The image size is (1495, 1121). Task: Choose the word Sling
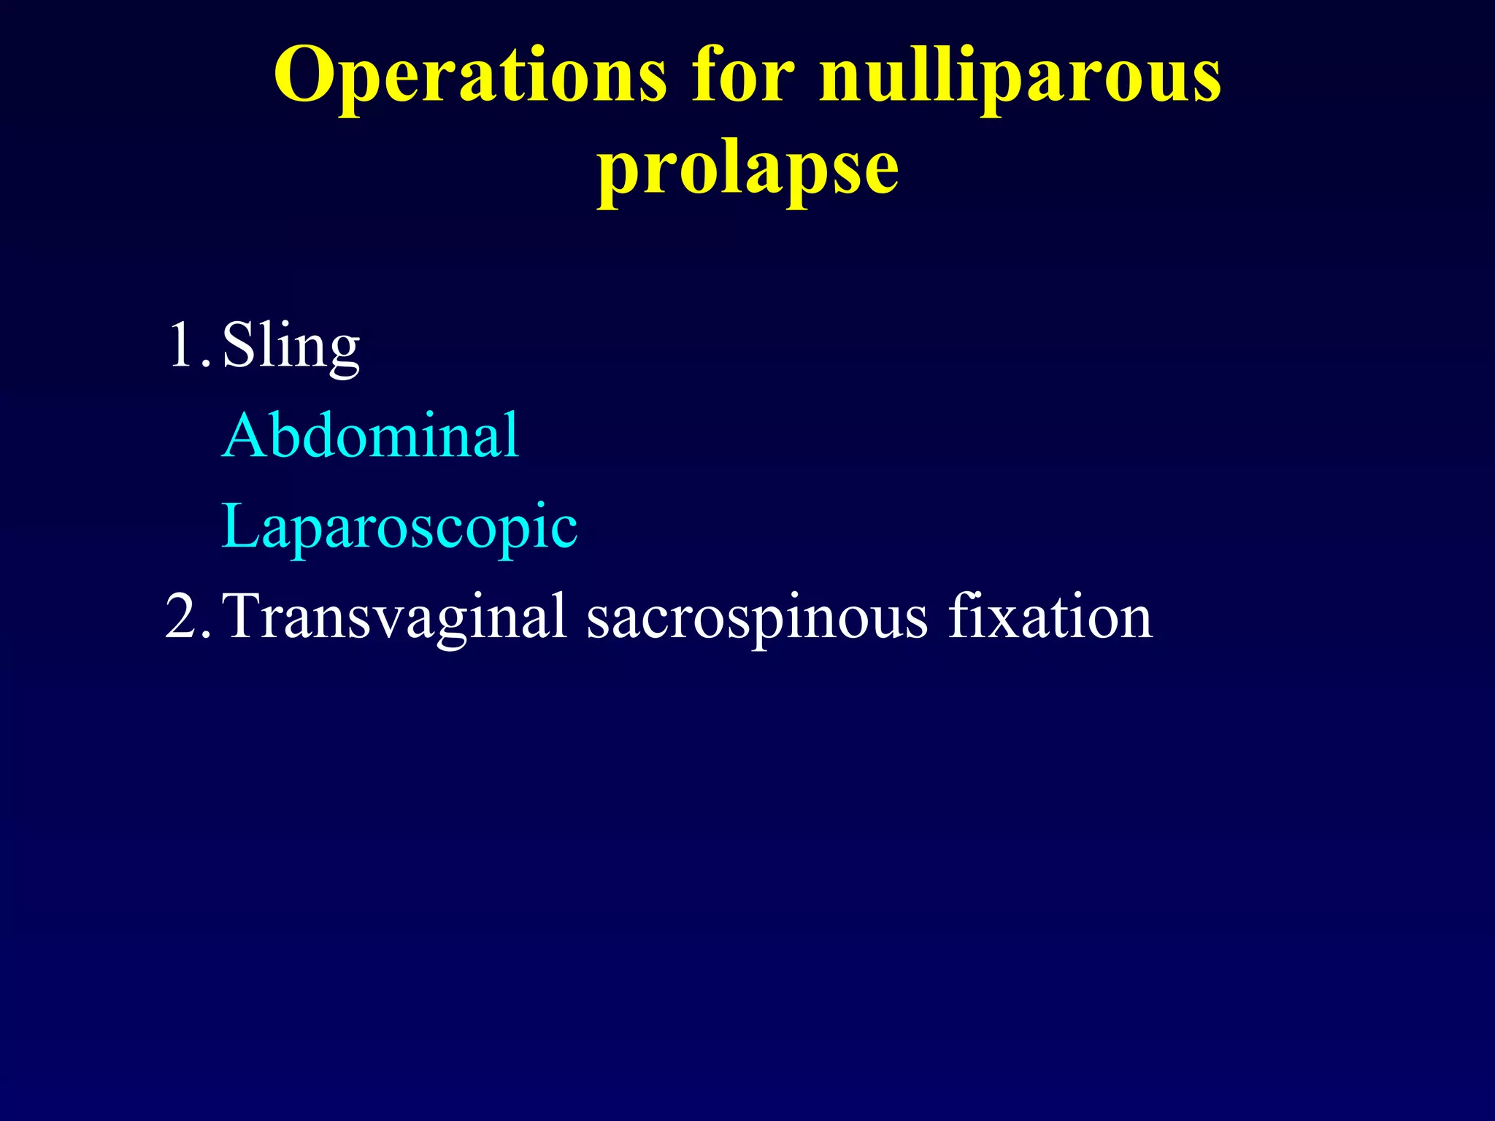click(291, 346)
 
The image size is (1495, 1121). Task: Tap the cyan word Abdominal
click(371, 436)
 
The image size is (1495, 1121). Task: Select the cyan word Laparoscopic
click(399, 528)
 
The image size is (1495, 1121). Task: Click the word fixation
click(1050, 617)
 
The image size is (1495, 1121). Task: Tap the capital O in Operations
click(305, 76)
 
